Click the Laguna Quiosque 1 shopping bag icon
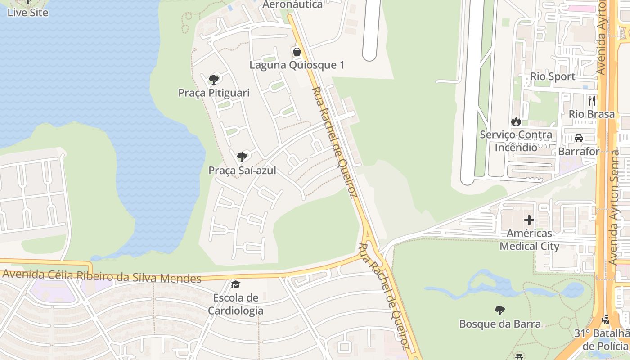click(297, 52)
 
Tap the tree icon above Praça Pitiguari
click(214, 80)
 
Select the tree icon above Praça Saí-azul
click(242, 157)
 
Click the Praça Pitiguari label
click(214, 93)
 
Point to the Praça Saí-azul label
click(242, 171)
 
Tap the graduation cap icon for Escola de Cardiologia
click(235, 284)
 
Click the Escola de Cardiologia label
click(235, 304)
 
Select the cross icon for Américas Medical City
click(529, 220)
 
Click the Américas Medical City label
click(529, 240)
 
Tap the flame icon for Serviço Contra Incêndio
click(516, 121)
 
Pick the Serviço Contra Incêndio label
click(516, 141)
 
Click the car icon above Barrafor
click(579, 138)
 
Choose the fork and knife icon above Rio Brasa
click(592, 100)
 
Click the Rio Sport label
click(553, 76)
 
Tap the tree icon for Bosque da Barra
click(499, 310)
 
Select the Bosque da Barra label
click(499, 324)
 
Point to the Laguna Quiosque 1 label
click(297, 65)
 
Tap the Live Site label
click(28, 13)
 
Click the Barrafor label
click(579, 151)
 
